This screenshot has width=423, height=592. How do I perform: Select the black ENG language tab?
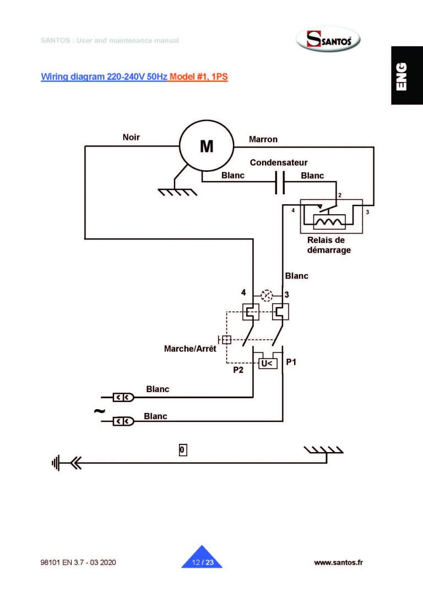click(x=407, y=75)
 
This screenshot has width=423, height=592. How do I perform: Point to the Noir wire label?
click(x=131, y=137)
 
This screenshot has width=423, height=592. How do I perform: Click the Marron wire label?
click(x=263, y=139)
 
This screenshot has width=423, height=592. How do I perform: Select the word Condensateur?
click(x=279, y=163)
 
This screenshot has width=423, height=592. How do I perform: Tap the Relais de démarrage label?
click(x=329, y=245)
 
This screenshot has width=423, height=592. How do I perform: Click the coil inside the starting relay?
click(x=329, y=221)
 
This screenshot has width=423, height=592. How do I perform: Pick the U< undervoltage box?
click(x=267, y=363)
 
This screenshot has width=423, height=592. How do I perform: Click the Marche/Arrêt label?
click(x=190, y=349)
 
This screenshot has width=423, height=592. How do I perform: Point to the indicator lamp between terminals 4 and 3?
click(x=267, y=295)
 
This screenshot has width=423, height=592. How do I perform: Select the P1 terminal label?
click(x=291, y=362)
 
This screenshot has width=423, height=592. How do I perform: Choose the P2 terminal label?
click(x=238, y=371)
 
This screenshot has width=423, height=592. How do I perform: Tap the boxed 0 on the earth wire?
click(x=183, y=450)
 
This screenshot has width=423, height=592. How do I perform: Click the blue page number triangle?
click(x=202, y=558)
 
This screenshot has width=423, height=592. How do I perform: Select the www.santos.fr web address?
click(x=338, y=562)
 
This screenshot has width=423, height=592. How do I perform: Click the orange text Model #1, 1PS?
click(x=199, y=77)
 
